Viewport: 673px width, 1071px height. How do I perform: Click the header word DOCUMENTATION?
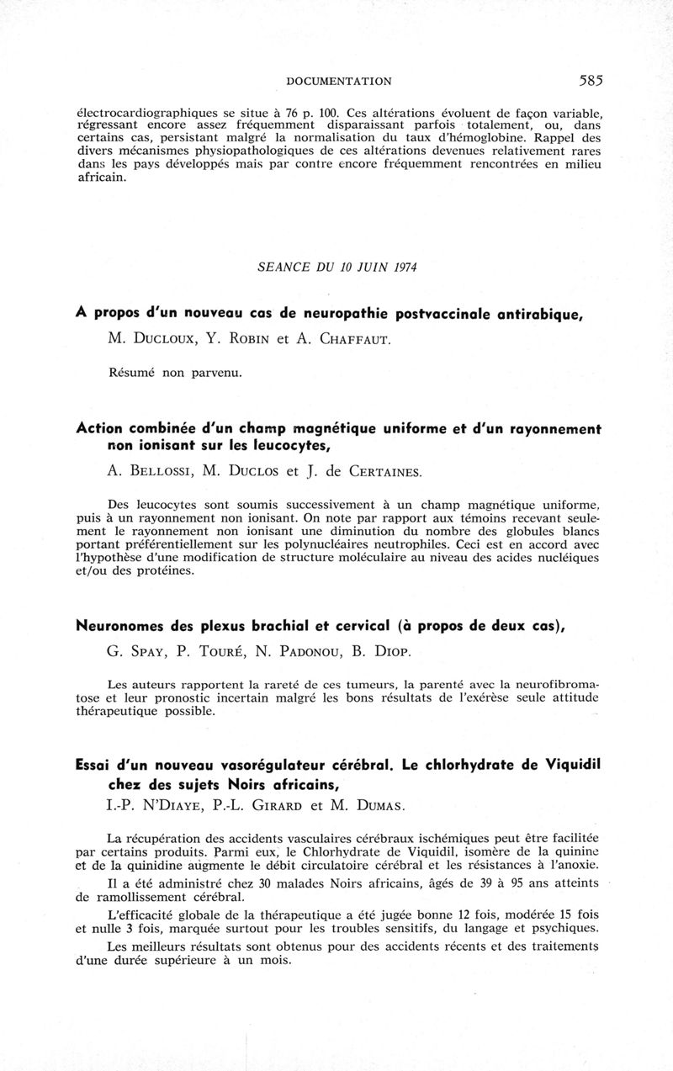click(339, 82)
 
